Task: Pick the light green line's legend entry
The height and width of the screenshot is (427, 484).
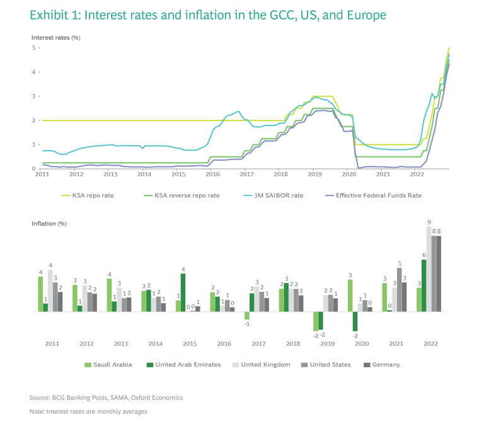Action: pyautogui.click(x=183, y=197)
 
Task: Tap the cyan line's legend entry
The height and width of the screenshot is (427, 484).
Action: pyautogui.click(x=275, y=197)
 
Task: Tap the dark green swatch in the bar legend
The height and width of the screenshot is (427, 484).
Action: pyautogui.click(x=151, y=363)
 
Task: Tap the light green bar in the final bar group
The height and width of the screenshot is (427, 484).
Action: pyautogui.click(x=418, y=299)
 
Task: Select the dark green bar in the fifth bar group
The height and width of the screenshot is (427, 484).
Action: pyautogui.click(x=183, y=292)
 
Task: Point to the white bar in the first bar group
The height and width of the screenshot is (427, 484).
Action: pyautogui.click(x=50, y=290)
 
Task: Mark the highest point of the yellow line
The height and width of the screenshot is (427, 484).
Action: pyautogui.click(x=448, y=47)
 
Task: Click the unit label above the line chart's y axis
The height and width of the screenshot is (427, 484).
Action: pyautogui.click(x=55, y=38)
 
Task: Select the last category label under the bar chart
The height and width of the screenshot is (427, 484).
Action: pyautogui.click(x=431, y=343)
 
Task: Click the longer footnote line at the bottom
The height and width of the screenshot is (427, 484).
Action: pyautogui.click(x=106, y=399)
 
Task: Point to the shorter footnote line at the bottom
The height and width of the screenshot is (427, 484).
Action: pyautogui.click(x=88, y=414)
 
